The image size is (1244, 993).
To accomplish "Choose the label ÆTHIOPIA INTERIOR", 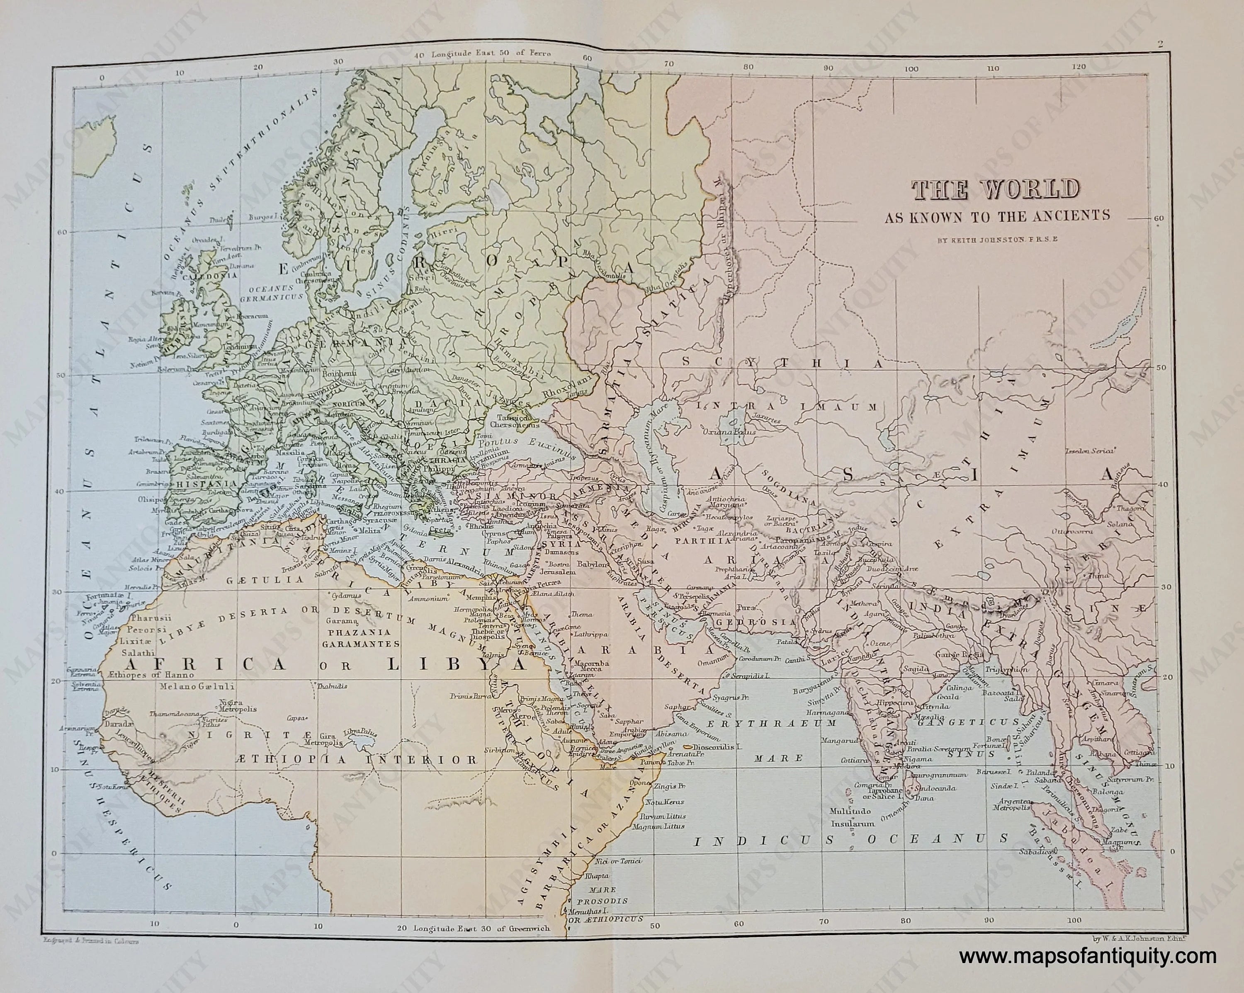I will (x=357, y=760).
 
